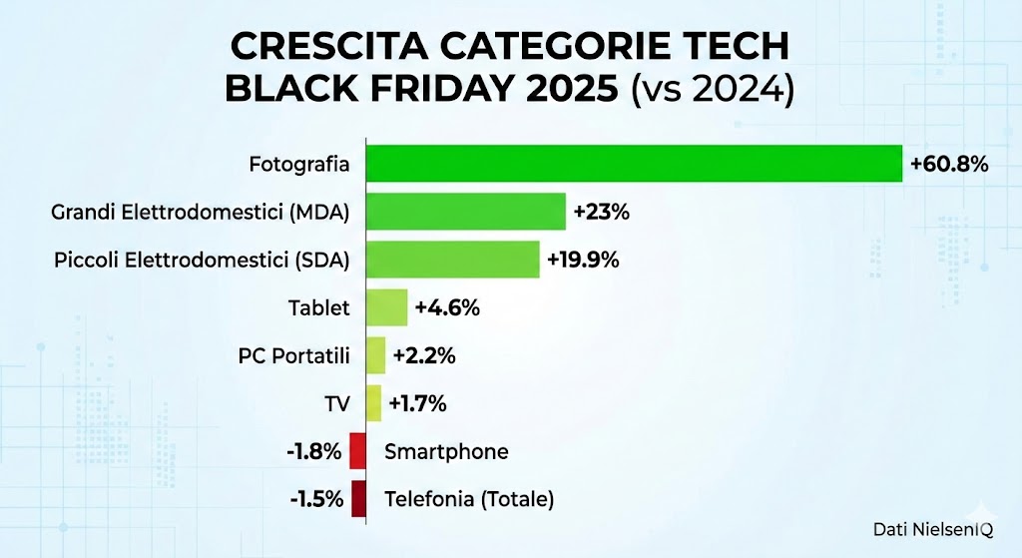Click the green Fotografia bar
[x=634, y=164]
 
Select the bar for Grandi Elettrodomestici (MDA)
[x=465, y=212]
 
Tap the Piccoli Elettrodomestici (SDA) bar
[x=452, y=260]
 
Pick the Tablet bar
[x=387, y=307]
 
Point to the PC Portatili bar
[x=375, y=355]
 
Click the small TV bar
[x=373, y=403]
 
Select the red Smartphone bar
[x=357, y=451]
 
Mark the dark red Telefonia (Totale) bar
[x=358, y=498]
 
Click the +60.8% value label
[x=948, y=164]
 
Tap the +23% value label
[x=601, y=212]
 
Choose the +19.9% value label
[x=583, y=260]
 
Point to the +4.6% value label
[x=448, y=307]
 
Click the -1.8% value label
[x=314, y=451]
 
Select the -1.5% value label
[x=314, y=498]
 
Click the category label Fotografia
[x=299, y=164]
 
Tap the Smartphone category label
[x=446, y=451]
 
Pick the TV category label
[x=336, y=403]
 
